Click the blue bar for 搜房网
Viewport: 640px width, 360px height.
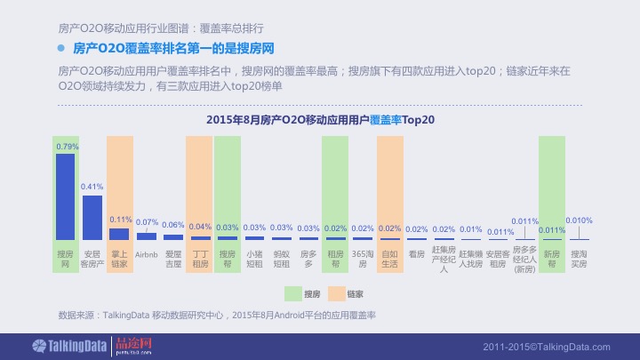[x=65, y=196]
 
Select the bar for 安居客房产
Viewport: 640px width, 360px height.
[x=92, y=217]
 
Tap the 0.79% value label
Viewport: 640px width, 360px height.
[x=67, y=146]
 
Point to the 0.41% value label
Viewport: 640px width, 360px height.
[x=92, y=187]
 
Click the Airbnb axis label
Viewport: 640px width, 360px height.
[x=147, y=254]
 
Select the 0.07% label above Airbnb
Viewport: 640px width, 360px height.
[x=147, y=222]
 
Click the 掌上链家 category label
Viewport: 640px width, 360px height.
[x=120, y=259]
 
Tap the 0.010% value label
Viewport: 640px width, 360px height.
[x=579, y=220]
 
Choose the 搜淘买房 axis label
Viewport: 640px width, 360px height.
[x=579, y=259]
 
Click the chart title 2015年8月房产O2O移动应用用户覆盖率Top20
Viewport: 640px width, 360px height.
[x=319, y=119]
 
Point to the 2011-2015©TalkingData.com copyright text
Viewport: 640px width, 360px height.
[x=547, y=346]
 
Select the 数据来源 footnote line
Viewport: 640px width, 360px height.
[x=217, y=315]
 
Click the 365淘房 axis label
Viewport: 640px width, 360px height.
[x=363, y=259]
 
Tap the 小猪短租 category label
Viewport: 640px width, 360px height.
[x=255, y=259]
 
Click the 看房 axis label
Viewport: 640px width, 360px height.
[x=416, y=254]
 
